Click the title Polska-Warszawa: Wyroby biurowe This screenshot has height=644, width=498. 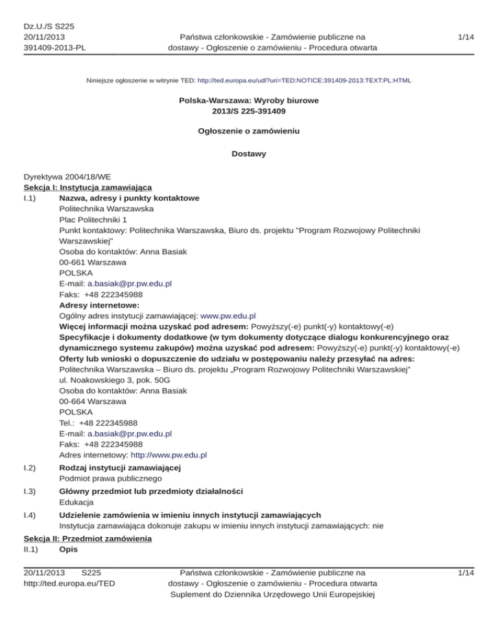coord(248,101)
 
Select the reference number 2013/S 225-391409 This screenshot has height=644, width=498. coord(248,111)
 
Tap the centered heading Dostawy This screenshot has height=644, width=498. coord(248,154)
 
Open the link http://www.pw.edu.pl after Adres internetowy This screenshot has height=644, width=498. coord(169,455)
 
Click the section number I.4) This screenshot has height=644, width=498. coord(31,516)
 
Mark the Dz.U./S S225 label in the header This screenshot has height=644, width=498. coord(49,27)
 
